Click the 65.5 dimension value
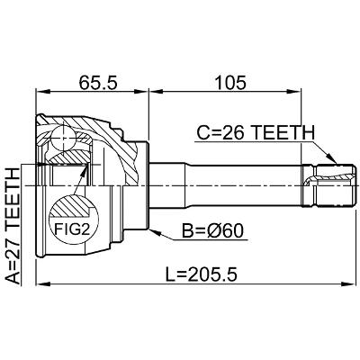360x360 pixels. point(97,83)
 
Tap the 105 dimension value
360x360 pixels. point(230,83)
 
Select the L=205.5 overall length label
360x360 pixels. point(202,274)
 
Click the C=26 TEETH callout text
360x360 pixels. point(256,133)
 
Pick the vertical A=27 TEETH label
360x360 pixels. point(13,226)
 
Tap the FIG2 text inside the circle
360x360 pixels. point(72,229)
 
